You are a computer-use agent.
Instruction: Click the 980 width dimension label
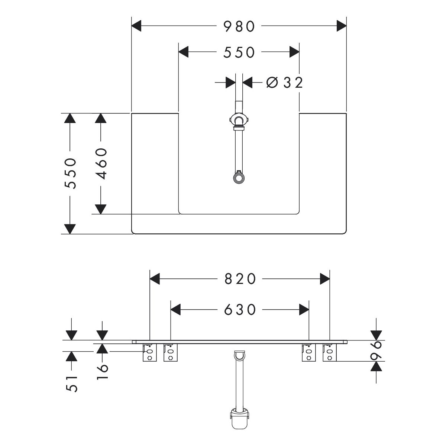tap(239, 26)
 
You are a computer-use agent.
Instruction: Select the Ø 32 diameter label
tap(285, 83)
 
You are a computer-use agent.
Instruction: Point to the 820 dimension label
tap(240, 279)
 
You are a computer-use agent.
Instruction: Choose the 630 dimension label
tap(240, 309)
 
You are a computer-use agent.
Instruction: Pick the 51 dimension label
tap(72, 383)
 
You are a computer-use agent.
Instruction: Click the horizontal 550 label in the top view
tap(239, 52)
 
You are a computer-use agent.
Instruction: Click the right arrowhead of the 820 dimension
tap(325, 279)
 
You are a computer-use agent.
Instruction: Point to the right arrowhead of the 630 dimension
tap(304, 309)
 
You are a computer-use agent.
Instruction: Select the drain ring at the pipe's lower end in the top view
tap(238, 177)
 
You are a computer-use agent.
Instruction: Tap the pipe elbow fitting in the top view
tap(238, 121)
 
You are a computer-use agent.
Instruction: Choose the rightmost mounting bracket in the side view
tap(329, 352)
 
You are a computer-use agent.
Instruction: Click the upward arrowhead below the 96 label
tap(377, 367)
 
